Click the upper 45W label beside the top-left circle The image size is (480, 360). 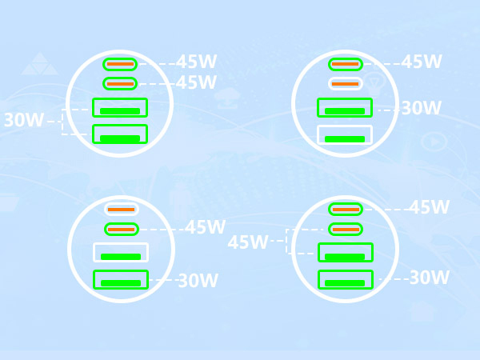(x=197, y=62)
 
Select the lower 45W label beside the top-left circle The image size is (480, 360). (x=197, y=82)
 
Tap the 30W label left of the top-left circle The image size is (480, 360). (x=24, y=120)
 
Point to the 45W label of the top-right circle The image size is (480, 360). (x=422, y=62)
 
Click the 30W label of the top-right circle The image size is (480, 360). (x=422, y=108)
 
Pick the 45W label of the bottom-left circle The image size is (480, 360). (x=205, y=227)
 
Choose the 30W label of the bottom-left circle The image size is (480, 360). (x=198, y=280)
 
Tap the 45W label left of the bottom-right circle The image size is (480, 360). (x=248, y=242)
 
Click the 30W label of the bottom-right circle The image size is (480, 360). (x=430, y=278)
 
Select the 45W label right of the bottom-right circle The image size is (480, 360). (x=430, y=207)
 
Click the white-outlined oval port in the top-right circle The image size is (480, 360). (x=346, y=83)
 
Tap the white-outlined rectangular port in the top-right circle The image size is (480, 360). (x=345, y=134)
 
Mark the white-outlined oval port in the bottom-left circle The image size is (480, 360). (x=122, y=210)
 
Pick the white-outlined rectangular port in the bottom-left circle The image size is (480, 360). (x=121, y=252)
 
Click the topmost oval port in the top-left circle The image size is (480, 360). (x=120, y=64)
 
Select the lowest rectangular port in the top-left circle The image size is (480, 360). (x=120, y=134)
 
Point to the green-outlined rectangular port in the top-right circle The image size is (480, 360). (x=345, y=107)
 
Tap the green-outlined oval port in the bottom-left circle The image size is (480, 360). (x=122, y=230)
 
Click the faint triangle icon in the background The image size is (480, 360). (x=40, y=64)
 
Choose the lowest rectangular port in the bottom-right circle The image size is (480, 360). (x=346, y=279)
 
